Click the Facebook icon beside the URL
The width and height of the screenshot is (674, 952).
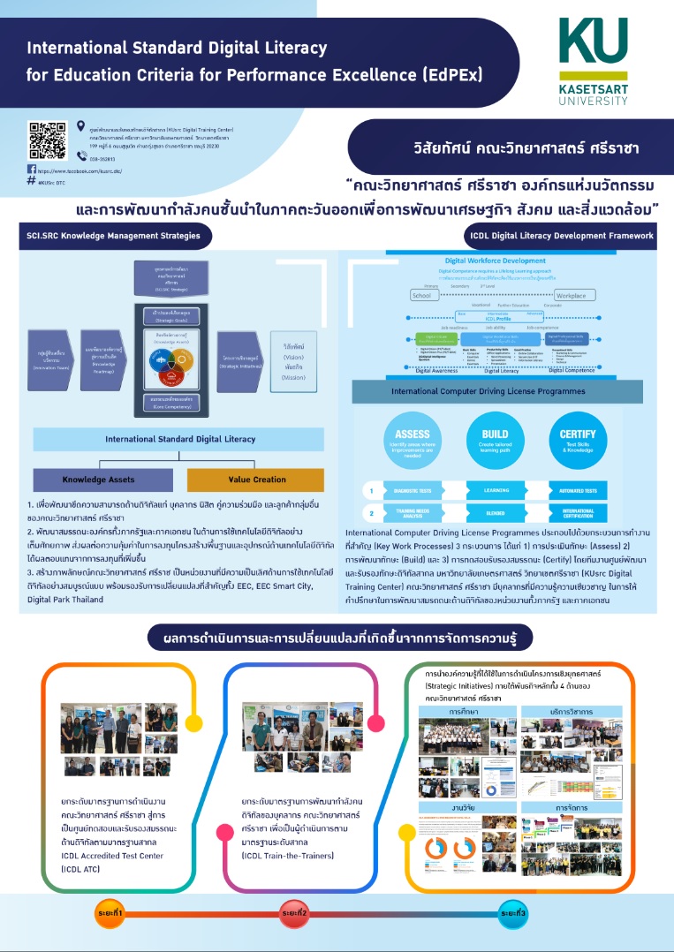(x=32, y=169)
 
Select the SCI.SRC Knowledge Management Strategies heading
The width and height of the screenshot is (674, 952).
(x=112, y=236)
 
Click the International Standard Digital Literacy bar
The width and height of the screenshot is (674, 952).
(x=167, y=439)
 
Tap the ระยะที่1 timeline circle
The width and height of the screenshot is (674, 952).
(x=110, y=911)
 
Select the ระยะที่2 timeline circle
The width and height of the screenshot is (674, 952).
(x=294, y=911)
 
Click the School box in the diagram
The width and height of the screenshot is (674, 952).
(x=423, y=295)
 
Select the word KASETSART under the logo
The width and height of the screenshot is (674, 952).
(x=593, y=88)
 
